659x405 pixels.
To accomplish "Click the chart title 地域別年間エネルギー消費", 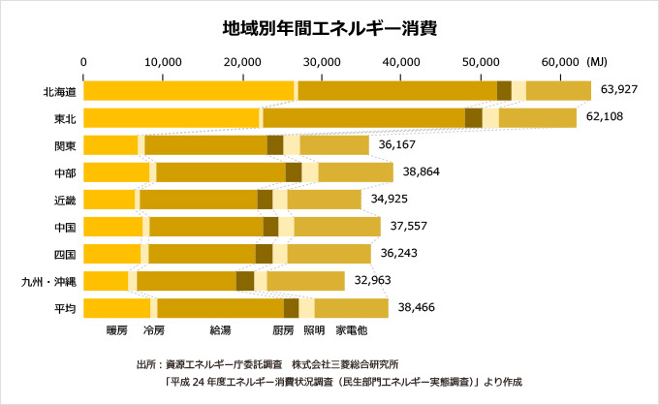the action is pos(329,28).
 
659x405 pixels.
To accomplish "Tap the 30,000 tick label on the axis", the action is pos(322,62).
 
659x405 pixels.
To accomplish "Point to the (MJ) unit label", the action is pos(597,62).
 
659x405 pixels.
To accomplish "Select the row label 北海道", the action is pos(60,92).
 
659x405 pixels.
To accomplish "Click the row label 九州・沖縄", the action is pos(48,282).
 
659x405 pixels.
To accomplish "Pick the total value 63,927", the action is pos(619,89).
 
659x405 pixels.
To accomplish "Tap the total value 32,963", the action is pos(372,280).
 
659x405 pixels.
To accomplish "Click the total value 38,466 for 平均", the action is pos(417,307).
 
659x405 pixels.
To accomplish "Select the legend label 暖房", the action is pos(116,330).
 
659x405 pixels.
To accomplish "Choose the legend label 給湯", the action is pos(220,330).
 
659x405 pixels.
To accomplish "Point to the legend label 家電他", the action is pos(352,330).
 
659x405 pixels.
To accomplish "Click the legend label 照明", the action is pos(314,330).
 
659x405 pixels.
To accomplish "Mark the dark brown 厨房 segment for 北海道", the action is pos(504,91).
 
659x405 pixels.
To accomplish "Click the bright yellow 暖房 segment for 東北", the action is pos(172,117).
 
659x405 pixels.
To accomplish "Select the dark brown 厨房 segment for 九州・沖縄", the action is pos(245,281).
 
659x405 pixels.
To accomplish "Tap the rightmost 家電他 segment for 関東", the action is pos(334,145).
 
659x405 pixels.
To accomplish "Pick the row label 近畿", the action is pos(65,201).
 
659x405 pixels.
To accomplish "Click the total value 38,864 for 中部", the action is pos(422,171).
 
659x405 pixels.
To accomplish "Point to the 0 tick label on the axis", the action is pos(83,62).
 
